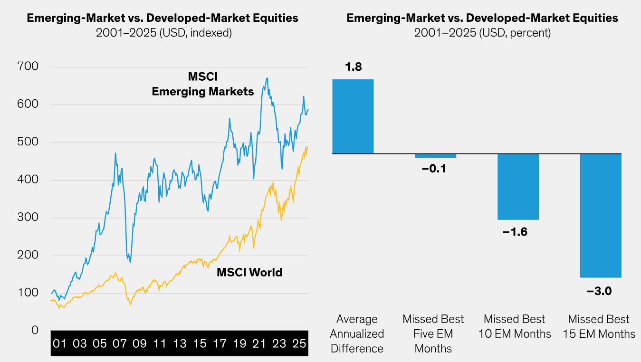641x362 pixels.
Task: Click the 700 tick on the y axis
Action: click(28, 67)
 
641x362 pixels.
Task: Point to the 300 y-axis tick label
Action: click(28, 218)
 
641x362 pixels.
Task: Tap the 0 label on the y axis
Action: click(35, 330)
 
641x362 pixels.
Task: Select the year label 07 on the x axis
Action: click(119, 343)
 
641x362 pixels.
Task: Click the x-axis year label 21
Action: click(259, 343)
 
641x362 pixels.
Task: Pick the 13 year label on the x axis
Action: click(180, 343)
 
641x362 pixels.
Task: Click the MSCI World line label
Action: click(249, 272)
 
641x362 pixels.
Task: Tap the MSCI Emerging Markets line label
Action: click(203, 84)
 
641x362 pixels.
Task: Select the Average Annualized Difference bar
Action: click(353, 116)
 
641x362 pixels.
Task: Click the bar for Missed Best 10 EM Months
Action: click(518, 187)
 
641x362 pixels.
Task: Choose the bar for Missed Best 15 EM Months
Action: click(601, 215)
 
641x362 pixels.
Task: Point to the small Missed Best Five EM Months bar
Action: click(435, 156)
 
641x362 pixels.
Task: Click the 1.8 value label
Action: click(353, 67)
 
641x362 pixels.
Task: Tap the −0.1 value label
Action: click(434, 168)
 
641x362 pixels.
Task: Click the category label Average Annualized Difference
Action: click(357, 333)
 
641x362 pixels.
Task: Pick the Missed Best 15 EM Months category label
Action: click(599, 326)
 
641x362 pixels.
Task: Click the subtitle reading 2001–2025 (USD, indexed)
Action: click(163, 33)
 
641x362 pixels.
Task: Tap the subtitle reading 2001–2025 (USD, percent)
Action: click(482, 33)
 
